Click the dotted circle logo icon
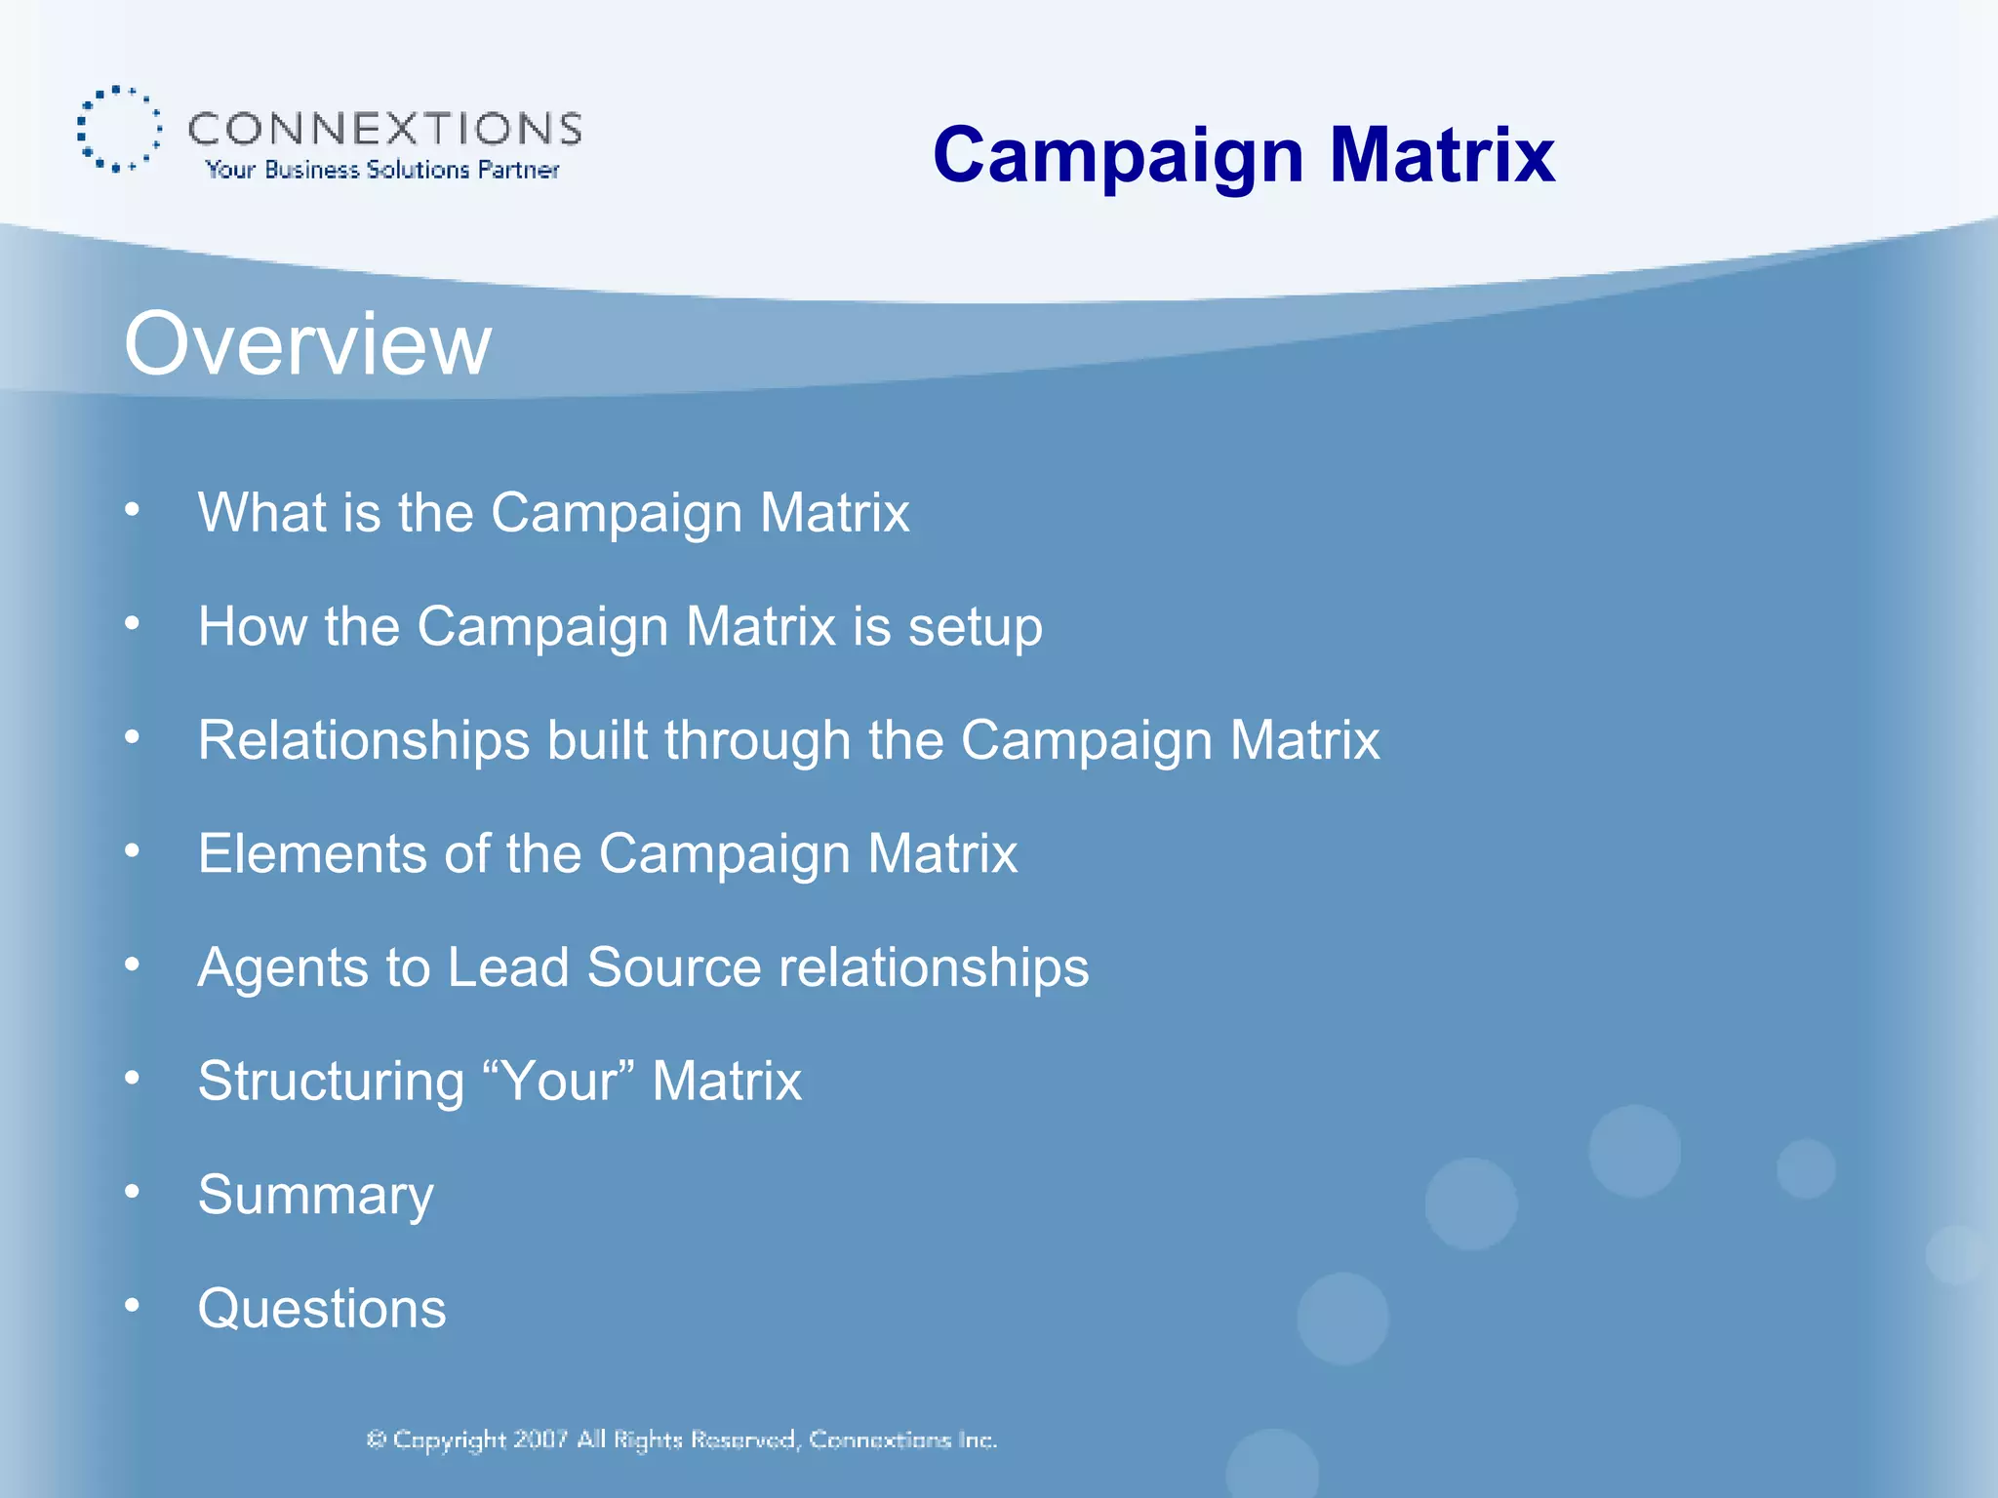coord(119,129)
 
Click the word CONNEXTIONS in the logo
coord(384,129)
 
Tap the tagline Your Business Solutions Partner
coord(382,170)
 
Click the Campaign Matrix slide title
coord(1243,155)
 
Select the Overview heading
coord(307,343)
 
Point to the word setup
coord(975,626)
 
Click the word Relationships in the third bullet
coord(363,740)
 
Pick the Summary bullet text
coord(315,1196)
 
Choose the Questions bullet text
coord(322,1309)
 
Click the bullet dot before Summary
coord(133,1191)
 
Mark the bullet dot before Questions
coord(133,1305)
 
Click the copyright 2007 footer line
coord(681,1439)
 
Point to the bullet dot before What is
coord(133,509)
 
